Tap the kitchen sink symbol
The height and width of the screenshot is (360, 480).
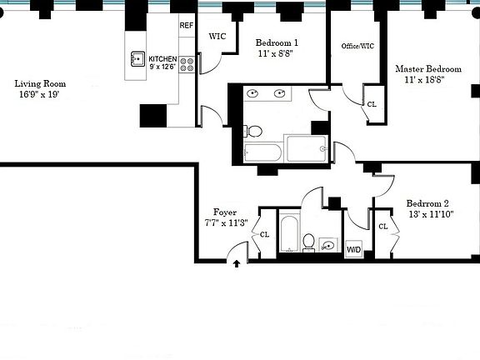138,59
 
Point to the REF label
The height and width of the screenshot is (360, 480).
187,26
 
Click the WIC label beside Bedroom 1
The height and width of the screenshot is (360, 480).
217,37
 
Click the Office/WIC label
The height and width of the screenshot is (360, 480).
357,46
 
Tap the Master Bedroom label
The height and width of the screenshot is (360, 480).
427,68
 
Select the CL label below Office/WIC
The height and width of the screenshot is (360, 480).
371,104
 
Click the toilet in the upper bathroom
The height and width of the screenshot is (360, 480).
254,131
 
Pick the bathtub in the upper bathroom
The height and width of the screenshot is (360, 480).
262,152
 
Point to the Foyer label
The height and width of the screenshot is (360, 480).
225,212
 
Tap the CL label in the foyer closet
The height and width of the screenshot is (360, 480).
265,234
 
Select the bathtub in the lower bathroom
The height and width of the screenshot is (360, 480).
287,234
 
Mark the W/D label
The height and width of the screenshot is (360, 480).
353,248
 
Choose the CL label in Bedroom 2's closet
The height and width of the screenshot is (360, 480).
383,227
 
